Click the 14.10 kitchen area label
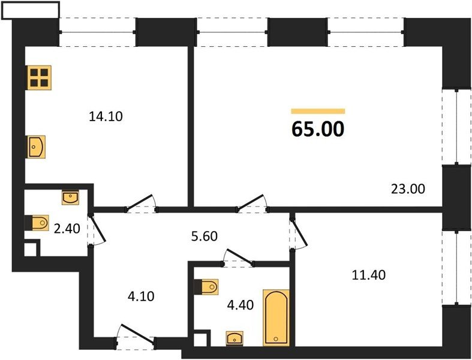pyautogui.click(x=106, y=116)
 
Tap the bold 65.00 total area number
pyautogui.click(x=318, y=129)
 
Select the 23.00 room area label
pyautogui.click(x=408, y=189)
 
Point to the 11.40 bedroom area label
pyautogui.click(x=369, y=275)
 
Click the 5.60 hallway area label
pyautogui.click(x=205, y=236)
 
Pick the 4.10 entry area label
pyautogui.click(x=141, y=296)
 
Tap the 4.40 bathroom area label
pyautogui.click(x=240, y=305)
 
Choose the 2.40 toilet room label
pyautogui.click(x=67, y=229)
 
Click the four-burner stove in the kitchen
pyautogui.click(x=39, y=78)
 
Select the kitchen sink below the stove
pyautogui.click(x=37, y=147)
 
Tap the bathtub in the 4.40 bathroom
pyautogui.click(x=276, y=317)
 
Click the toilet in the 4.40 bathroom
pyautogui.click(x=206, y=287)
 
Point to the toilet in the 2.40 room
pyautogui.click(x=37, y=223)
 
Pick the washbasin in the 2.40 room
pyautogui.click(x=70, y=197)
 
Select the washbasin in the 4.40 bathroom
pyautogui.click(x=235, y=338)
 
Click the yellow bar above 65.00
pyautogui.click(x=318, y=112)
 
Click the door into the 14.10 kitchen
pyautogui.click(x=141, y=204)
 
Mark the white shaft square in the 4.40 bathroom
pyautogui.click(x=200, y=340)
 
